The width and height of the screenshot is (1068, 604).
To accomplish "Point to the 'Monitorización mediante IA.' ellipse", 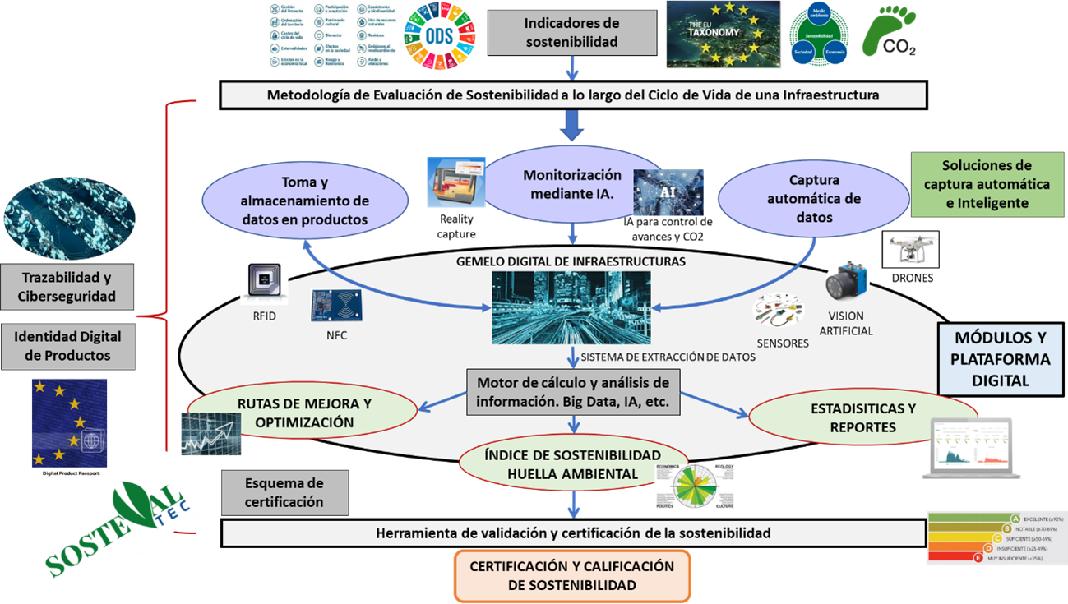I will (x=572, y=185).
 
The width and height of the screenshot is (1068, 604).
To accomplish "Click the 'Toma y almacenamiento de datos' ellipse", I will (x=305, y=201).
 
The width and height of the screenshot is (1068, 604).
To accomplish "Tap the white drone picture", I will (x=909, y=249).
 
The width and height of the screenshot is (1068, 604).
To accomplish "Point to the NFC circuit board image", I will (x=336, y=306).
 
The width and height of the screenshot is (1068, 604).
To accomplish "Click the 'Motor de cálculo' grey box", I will (x=573, y=393).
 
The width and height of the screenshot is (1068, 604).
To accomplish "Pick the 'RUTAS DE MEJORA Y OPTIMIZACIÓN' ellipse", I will (x=303, y=413).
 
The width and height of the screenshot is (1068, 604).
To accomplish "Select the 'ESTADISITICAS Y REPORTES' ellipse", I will (x=862, y=417).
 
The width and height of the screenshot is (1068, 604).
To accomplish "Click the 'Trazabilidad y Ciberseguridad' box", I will (x=67, y=287).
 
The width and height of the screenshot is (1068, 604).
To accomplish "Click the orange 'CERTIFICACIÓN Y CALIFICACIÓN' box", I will (x=571, y=575).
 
